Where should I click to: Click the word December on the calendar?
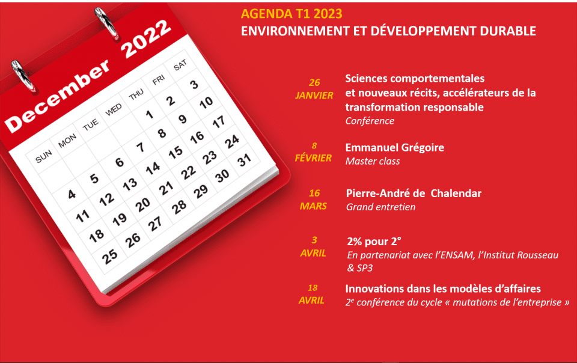[x=58, y=96]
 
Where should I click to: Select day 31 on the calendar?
[x=244, y=160]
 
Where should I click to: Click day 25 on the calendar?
[x=109, y=257]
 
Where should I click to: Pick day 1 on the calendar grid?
[x=149, y=114]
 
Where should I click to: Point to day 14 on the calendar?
[x=153, y=168]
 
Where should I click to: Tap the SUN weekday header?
[x=43, y=157]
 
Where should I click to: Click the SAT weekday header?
[x=180, y=66]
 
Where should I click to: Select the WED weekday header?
[x=114, y=109]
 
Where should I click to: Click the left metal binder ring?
[x=23, y=76]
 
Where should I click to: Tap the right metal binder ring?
[x=106, y=23]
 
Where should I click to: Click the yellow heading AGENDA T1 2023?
[x=292, y=14]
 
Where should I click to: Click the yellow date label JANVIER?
[x=314, y=96]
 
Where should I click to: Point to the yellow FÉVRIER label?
[x=313, y=158]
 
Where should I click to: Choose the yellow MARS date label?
[x=313, y=206]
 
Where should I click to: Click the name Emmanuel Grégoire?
[x=394, y=148]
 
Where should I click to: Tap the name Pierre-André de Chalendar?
[x=414, y=194]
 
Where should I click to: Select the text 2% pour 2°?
[x=374, y=242]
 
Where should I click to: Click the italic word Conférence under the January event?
[x=370, y=121]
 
